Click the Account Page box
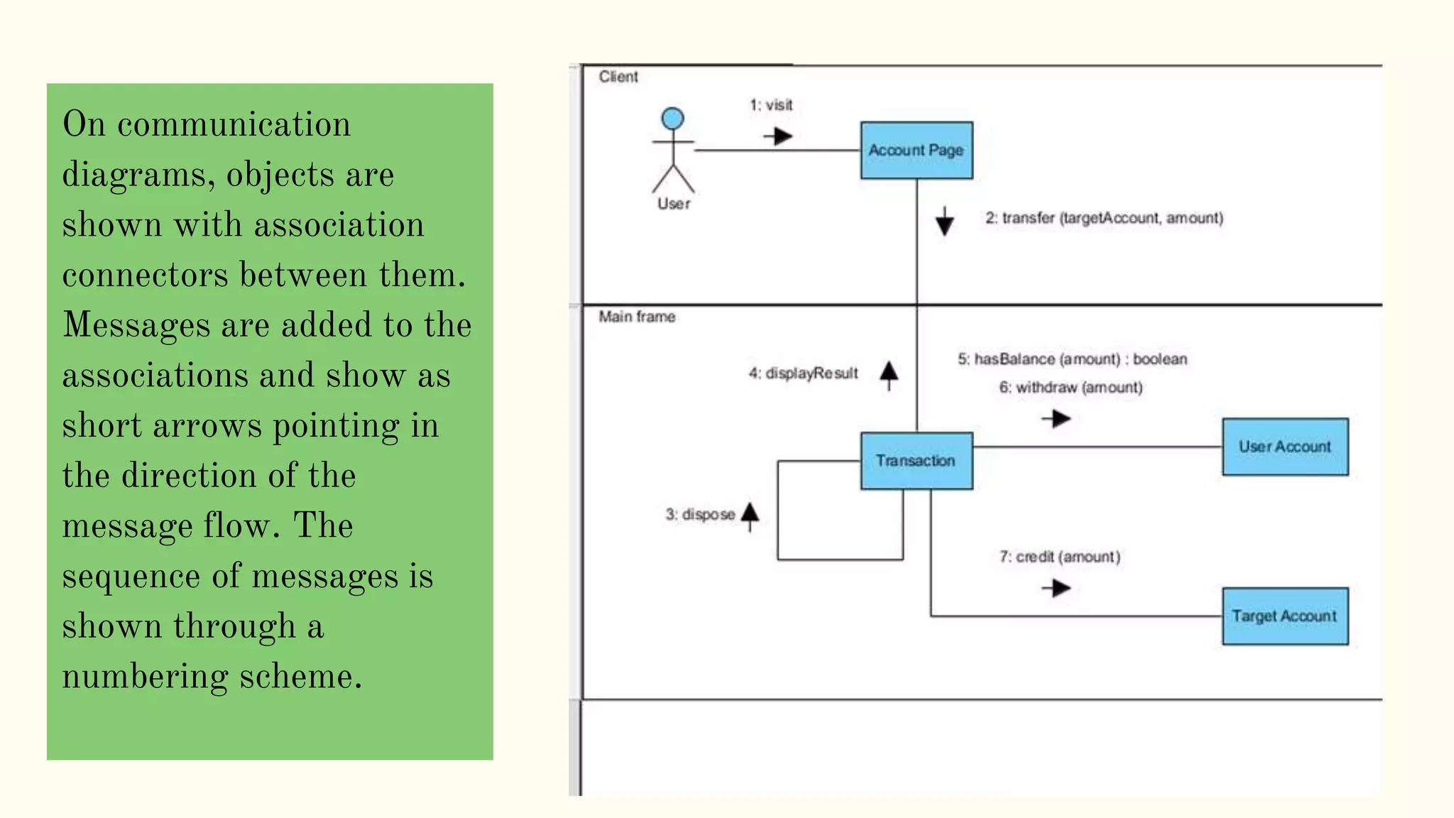(x=916, y=150)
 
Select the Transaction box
(x=916, y=461)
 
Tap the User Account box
(x=1284, y=447)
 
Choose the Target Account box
(x=1284, y=616)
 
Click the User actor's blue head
(x=672, y=119)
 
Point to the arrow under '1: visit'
(x=779, y=136)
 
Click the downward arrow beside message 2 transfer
(x=944, y=222)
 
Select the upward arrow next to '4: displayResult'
(x=889, y=374)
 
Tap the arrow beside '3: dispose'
(x=750, y=516)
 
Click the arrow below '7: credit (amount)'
(x=1056, y=588)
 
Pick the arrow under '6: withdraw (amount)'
(x=1056, y=419)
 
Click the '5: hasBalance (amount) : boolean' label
(x=1072, y=359)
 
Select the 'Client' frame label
(x=618, y=77)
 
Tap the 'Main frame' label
(x=636, y=317)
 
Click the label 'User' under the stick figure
(x=673, y=204)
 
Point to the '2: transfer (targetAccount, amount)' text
(x=1104, y=218)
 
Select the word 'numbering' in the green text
(x=145, y=677)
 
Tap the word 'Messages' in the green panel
(x=136, y=326)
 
